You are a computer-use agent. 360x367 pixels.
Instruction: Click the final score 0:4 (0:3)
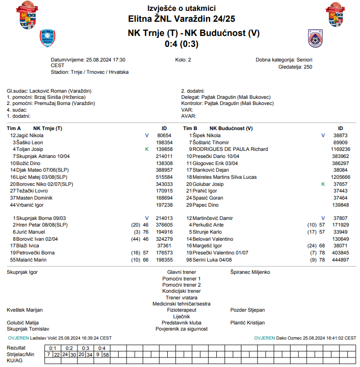[181, 44]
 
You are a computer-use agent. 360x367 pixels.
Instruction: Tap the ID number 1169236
[341, 149]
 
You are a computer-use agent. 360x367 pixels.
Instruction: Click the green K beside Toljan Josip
[147, 149]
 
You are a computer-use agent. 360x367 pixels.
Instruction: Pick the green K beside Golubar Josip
[323, 184]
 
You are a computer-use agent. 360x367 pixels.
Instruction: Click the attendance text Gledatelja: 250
[295, 67]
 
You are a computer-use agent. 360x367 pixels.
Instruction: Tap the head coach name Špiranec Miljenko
[250, 272]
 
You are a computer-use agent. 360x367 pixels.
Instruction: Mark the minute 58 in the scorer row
[106, 354]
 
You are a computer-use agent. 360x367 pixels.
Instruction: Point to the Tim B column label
[190, 128]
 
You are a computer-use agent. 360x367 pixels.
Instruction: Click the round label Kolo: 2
[183, 60]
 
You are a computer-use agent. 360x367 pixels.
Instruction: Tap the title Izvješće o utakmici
[181, 9]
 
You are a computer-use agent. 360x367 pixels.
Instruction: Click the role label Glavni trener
[181, 272]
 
